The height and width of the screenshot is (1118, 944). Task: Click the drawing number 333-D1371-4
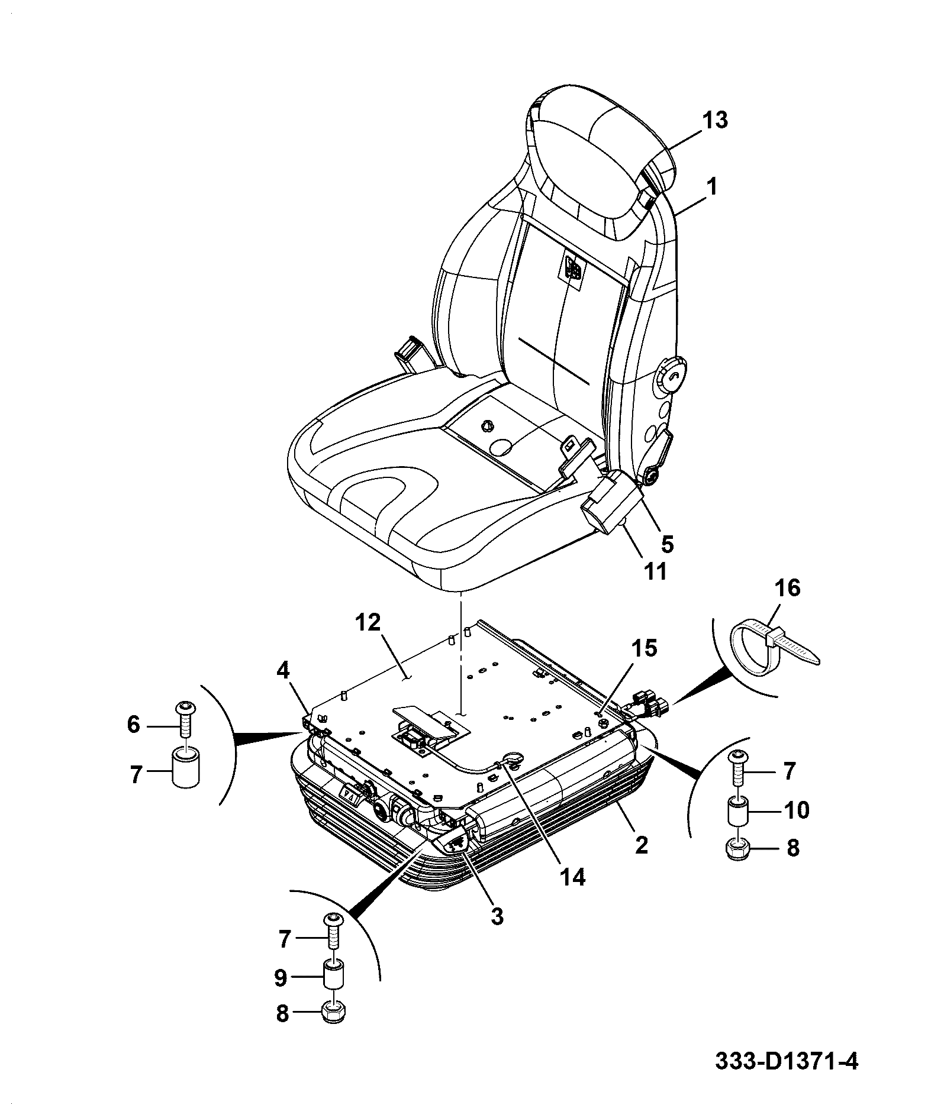coord(786,1077)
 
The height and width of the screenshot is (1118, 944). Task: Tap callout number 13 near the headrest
coord(714,120)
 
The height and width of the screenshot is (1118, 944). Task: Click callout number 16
coord(787,589)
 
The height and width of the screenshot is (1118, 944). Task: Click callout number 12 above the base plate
coord(368,624)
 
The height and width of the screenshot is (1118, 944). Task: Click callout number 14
coord(571,877)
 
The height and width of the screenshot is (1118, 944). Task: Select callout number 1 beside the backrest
coord(713,188)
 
